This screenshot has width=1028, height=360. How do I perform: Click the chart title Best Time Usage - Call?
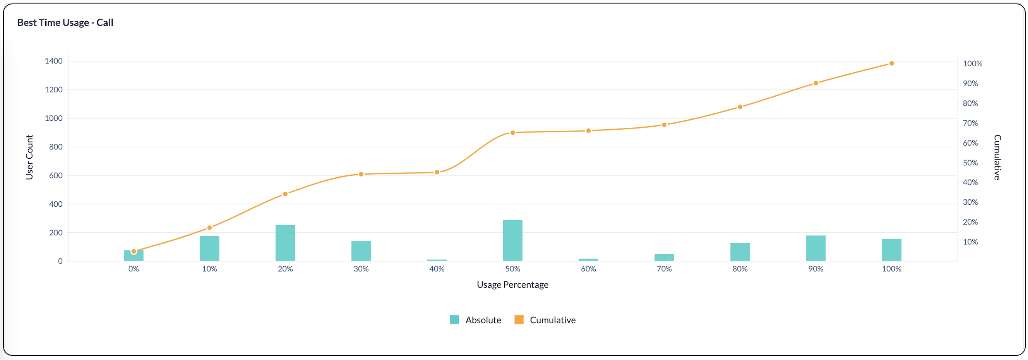65,23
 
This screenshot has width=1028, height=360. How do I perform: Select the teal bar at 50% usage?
512,241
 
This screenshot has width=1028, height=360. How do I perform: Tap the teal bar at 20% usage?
285,243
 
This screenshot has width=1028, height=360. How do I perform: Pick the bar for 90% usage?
815,248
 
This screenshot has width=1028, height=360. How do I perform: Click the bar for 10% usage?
209,249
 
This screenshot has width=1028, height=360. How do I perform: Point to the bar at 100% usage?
891,250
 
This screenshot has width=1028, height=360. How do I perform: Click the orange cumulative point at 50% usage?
512,132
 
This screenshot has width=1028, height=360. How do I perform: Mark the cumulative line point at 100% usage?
891,63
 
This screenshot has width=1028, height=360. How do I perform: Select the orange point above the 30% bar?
361,175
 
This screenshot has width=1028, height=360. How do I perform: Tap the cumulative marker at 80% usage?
740,107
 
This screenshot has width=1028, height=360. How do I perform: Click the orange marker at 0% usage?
134,252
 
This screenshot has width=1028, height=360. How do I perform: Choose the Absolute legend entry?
475,320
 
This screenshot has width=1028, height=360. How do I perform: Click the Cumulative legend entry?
545,320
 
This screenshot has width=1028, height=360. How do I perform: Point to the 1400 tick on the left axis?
53,61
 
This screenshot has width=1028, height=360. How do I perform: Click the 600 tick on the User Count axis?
55,176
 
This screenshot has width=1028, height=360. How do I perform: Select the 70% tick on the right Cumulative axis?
970,123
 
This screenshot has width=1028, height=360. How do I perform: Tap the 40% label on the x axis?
437,269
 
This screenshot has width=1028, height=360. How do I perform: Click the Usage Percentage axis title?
512,285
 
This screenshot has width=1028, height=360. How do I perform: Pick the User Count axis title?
29,157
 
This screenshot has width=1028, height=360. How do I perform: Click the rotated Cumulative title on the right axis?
997,157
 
